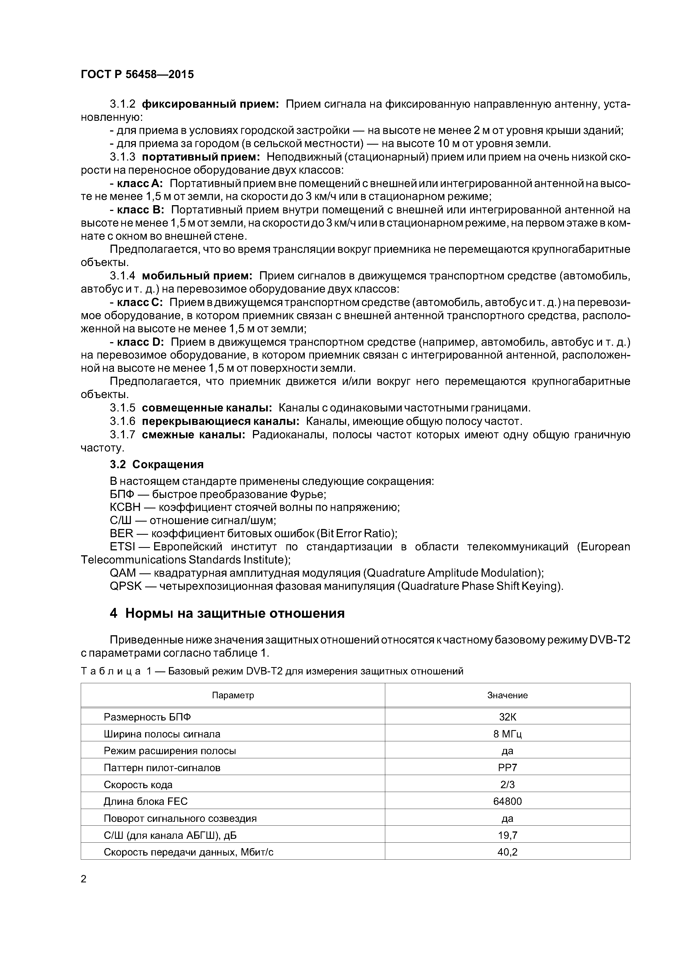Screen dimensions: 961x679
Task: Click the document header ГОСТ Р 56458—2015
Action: (x=137, y=75)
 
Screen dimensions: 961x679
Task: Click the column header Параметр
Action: (x=233, y=695)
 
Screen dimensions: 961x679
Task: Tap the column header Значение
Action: (x=507, y=695)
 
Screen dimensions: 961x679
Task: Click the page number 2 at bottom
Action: (x=84, y=879)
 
